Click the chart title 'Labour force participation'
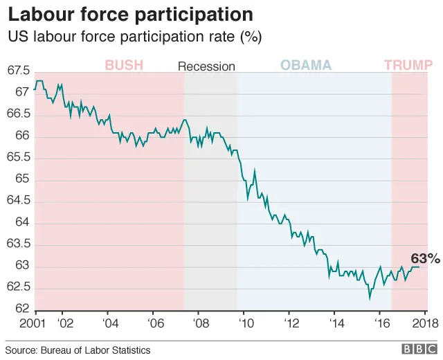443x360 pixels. click(x=129, y=15)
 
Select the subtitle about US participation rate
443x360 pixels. click(x=134, y=37)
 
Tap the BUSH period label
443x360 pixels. click(x=124, y=66)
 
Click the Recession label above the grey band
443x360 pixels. click(x=206, y=66)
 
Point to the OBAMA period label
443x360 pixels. click(x=305, y=66)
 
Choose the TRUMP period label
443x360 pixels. click(x=408, y=66)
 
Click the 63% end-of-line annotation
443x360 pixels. click(x=425, y=258)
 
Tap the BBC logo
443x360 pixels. click(x=416, y=350)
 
